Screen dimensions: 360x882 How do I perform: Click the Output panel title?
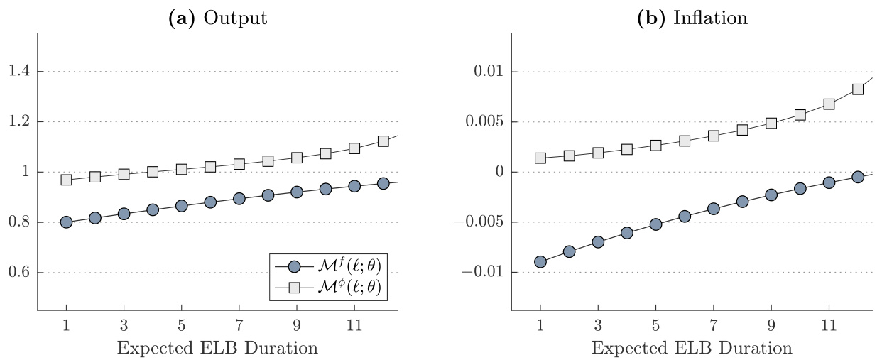pos(217,19)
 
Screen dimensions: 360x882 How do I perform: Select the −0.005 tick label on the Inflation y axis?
pos(481,222)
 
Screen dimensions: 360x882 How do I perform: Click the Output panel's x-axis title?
pos(217,349)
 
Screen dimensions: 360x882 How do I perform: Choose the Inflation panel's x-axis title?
pos(692,349)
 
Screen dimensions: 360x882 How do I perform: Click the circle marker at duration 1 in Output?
pos(66,222)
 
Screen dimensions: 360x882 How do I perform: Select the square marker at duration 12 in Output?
pos(383,141)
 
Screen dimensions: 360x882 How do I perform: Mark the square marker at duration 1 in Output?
pos(66,180)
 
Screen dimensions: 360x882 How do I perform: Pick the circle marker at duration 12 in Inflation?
pos(857,177)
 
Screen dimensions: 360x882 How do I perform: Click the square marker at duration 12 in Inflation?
pos(857,89)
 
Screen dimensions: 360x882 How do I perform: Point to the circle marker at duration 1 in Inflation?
pos(540,262)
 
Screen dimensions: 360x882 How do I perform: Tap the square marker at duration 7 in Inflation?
pos(713,136)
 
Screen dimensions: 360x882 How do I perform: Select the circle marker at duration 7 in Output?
pos(239,199)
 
